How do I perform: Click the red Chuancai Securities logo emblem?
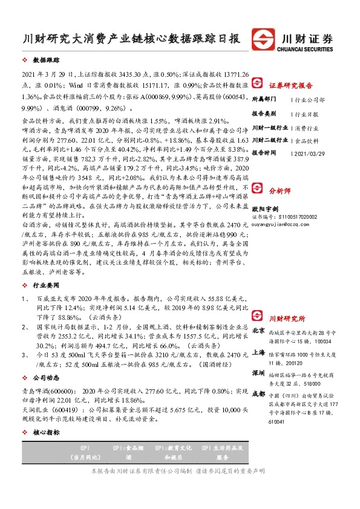click(x=264, y=37)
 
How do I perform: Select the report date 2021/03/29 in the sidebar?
click(x=310, y=153)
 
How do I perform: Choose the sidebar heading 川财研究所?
click(x=287, y=318)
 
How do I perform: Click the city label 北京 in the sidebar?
click(x=258, y=331)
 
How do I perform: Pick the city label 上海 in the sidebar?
click(x=258, y=351)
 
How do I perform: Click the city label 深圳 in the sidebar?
click(x=258, y=373)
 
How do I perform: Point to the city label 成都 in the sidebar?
click(x=258, y=394)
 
